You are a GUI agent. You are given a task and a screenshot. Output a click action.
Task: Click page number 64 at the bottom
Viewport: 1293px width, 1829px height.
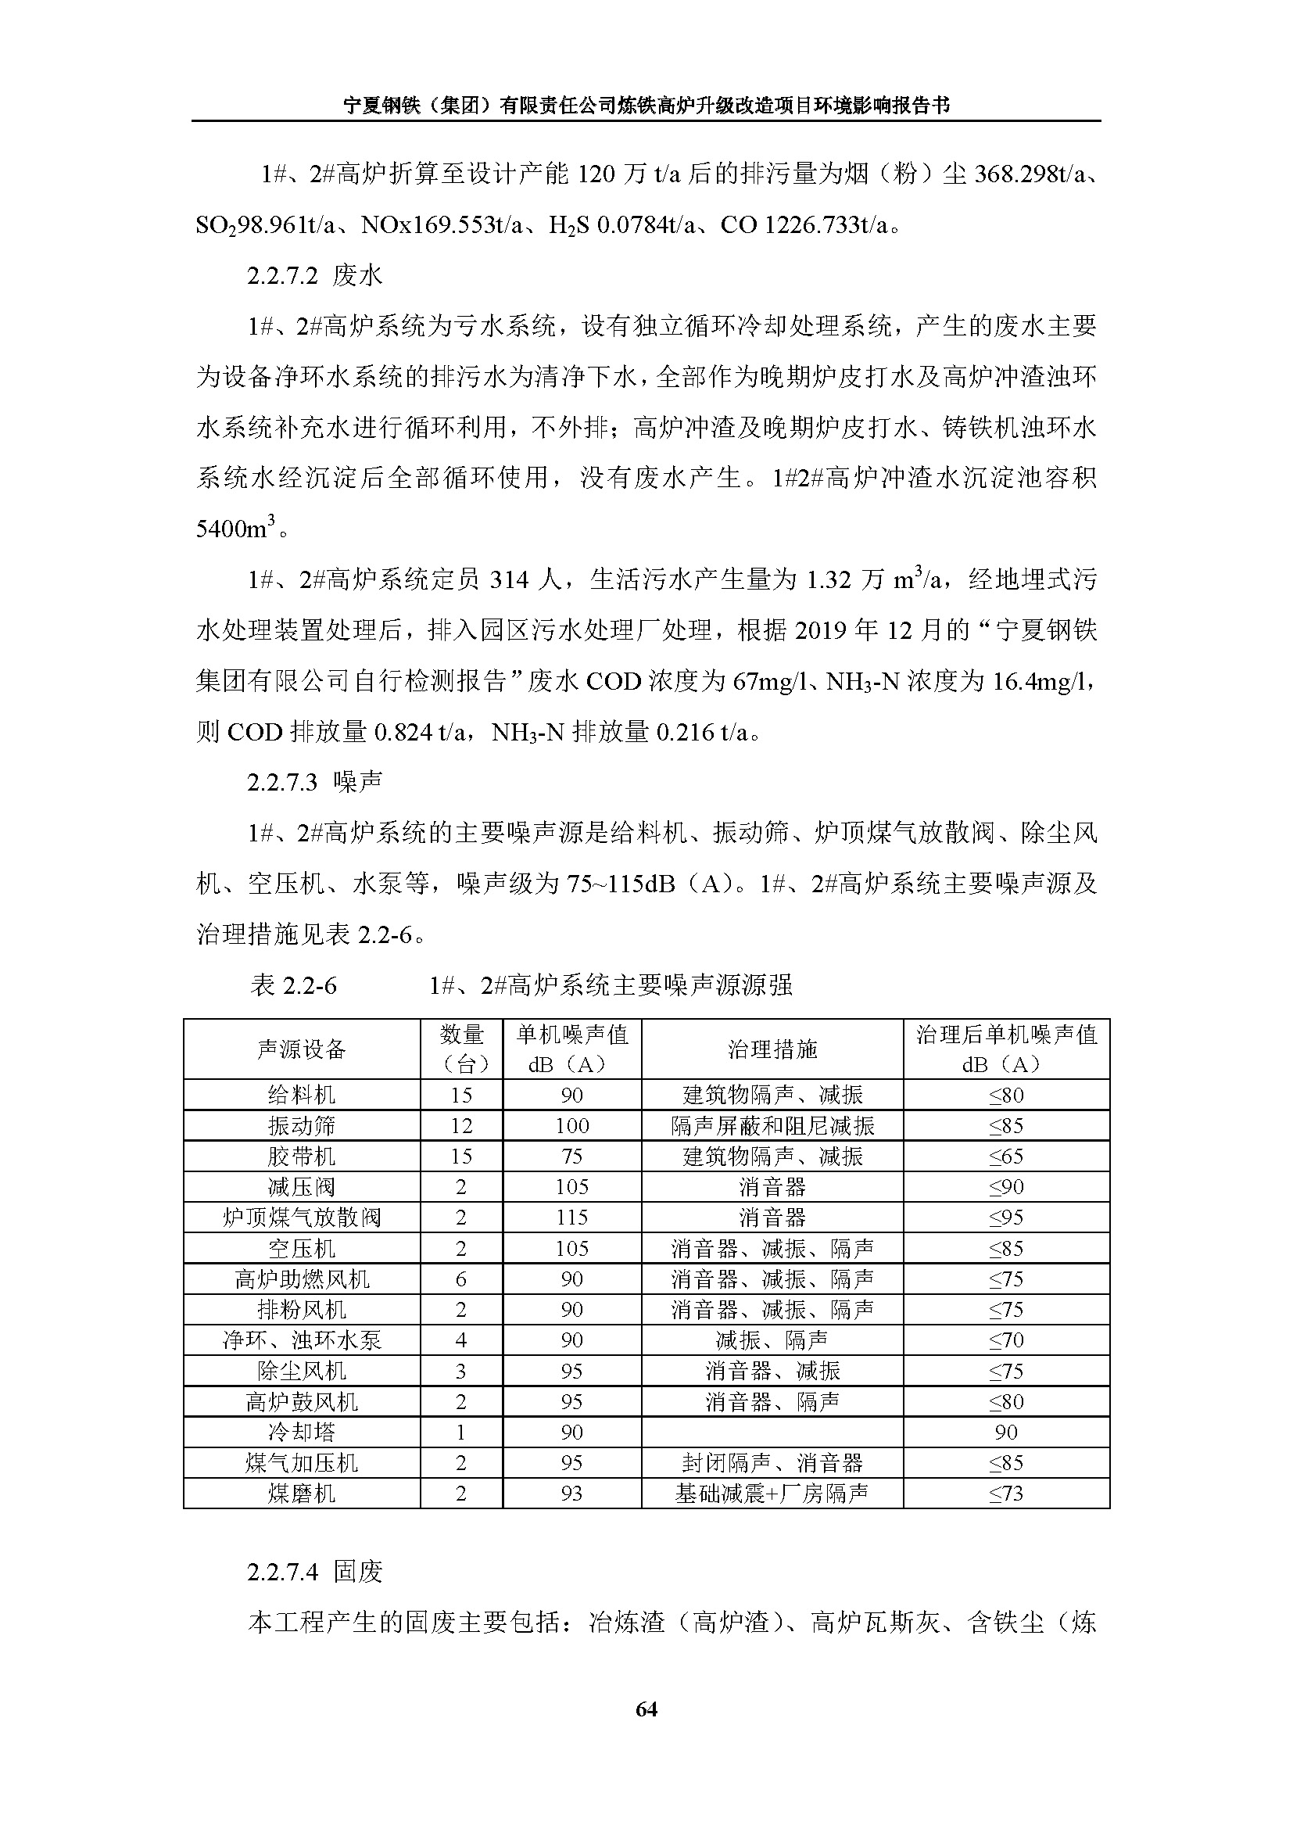(646, 1709)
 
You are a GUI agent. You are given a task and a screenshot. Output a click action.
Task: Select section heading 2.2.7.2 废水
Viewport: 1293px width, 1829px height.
(314, 275)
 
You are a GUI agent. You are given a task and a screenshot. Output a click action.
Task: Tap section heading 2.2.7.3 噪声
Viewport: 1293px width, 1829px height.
(314, 782)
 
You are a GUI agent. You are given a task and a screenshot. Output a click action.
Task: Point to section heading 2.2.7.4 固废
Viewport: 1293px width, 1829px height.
(314, 1572)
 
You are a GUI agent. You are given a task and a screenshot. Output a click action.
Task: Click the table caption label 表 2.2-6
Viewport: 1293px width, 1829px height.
(294, 986)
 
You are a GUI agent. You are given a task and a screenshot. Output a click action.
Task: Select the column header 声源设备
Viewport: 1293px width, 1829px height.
(302, 1049)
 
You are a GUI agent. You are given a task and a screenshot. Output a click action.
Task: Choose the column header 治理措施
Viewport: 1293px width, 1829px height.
(772, 1049)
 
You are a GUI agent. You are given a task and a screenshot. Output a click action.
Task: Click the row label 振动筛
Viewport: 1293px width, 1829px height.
(302, 1125)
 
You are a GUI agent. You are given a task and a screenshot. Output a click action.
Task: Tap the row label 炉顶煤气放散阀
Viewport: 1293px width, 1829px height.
(302, 1218)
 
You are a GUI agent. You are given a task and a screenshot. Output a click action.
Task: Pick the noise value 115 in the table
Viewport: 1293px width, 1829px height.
(571, 1218)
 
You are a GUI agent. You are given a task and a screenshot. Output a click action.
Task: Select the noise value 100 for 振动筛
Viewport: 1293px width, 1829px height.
(571, 1125)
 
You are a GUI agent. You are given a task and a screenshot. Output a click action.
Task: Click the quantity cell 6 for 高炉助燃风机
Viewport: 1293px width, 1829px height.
(461, 1279)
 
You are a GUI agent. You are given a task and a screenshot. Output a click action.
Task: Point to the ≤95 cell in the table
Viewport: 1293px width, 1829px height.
(1005, 1218)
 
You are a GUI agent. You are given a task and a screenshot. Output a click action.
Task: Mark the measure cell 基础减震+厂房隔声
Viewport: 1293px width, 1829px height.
(772, 1494)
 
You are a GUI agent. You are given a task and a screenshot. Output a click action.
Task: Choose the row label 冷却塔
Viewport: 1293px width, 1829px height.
(302, 1433)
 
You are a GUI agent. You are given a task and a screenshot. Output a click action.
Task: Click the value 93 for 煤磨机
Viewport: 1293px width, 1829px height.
(571, 1494)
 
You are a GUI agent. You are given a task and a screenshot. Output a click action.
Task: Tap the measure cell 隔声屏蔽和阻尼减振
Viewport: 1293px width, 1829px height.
(772, 1125)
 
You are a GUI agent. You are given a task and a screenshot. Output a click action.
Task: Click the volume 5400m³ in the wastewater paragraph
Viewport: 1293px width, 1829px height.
(235, 528)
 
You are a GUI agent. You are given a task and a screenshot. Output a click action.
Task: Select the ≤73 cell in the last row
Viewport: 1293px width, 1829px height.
(1005, 1494)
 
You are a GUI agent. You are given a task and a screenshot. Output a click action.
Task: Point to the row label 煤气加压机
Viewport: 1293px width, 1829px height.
(302, 1462)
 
